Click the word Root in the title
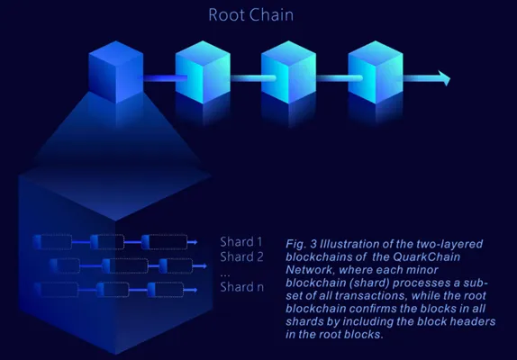point(226,14)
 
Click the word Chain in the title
point(271,14)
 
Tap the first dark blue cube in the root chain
point(115,72)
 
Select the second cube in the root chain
point(203,72)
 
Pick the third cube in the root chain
point(288,72)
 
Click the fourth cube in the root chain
point(376,72)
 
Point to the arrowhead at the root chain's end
point(444,78)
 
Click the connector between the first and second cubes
point(165,78)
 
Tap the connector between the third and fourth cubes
point(340,78)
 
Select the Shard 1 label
point(241,242)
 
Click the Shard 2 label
point(241,256)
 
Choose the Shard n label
point(241,287)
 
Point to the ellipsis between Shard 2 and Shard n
point(225,274)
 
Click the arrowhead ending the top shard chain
point(195,242)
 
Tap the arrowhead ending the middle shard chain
point(204,265)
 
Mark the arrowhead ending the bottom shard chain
point(195,290)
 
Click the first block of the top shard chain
point(52,242)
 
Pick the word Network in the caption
point(309,270)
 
